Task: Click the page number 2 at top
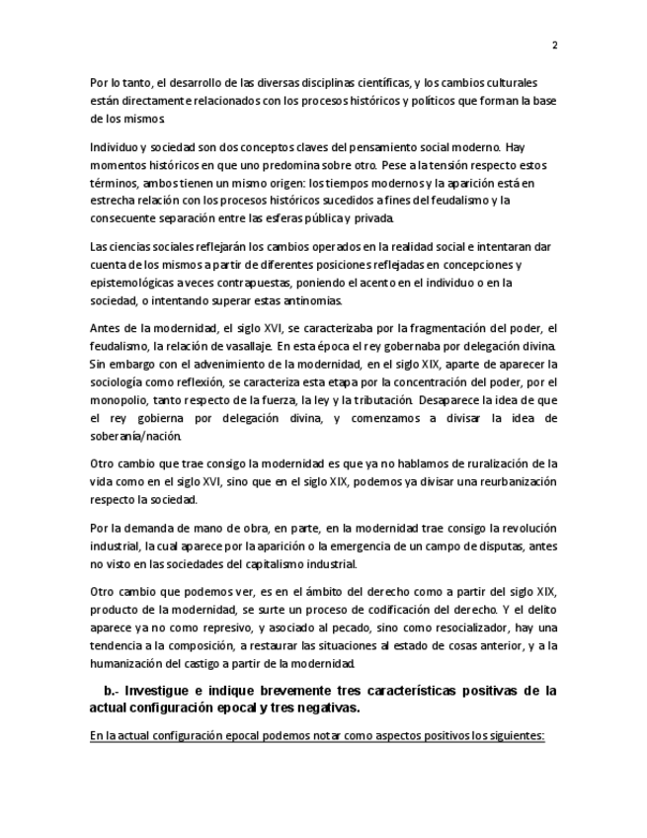pos(554,44)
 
